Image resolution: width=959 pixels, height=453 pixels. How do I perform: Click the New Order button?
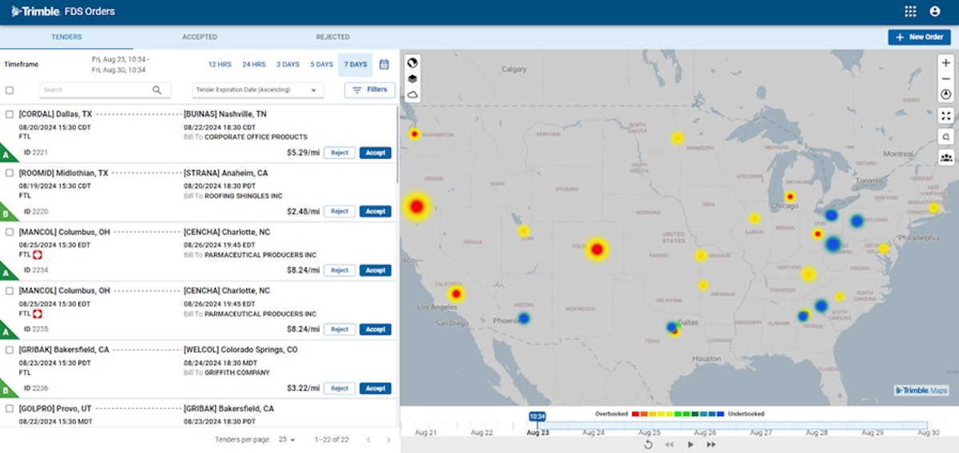click(x=918, y=37)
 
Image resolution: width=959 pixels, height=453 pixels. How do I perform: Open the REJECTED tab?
click(x=332, y=37)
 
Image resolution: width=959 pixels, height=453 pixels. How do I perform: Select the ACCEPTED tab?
click(x=199, y=37)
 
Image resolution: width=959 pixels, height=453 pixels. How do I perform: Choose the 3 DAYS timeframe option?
click(x=288, y=64)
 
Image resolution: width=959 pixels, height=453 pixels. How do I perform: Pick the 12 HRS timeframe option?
click(x=220, y=64)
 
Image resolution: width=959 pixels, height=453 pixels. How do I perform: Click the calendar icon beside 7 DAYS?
click(x=384, y=64)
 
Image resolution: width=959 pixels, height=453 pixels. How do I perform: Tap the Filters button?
click(x=369, y=90)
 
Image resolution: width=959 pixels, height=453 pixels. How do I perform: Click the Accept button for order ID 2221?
click(x=375, y=153)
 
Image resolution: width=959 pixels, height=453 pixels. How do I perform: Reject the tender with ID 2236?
click(x=340, y=388)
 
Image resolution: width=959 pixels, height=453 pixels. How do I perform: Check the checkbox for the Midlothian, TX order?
click(x=10, y=173)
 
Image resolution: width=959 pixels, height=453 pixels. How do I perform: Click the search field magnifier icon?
click(x=157, y=90)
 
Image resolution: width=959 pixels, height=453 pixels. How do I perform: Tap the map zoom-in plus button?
click(x=946, y=62)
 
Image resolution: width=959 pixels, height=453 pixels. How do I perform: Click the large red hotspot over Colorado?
click(x=596, y=249)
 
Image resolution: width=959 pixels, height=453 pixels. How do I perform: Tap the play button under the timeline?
click(x=690, y=444)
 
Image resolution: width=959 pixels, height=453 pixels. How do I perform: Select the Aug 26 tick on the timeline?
click(x=706, y=432)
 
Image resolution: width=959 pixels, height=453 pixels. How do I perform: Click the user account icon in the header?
click(x=935, y=11)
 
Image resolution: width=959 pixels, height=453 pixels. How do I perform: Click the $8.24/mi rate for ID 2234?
click(x=303, y=270)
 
